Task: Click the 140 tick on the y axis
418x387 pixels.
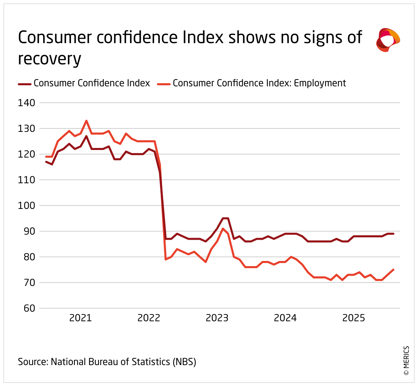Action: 26,103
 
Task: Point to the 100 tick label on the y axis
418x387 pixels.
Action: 26,205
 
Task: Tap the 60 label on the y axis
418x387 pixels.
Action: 29,308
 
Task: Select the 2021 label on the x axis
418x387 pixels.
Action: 81,318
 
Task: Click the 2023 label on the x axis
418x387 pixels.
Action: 217,318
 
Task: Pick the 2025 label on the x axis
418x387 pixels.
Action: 354,318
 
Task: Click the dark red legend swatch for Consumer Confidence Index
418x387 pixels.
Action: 24,84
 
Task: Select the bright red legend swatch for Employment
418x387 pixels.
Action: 163,84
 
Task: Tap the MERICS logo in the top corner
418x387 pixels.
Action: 388,40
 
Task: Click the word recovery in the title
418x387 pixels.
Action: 49,59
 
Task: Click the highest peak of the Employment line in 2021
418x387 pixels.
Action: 86,121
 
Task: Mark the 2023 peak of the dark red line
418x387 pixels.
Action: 225,218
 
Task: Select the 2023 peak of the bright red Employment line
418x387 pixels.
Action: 223,228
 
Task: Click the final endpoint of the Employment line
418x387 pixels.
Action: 393,270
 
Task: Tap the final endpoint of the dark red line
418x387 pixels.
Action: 393,234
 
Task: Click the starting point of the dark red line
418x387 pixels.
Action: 46,162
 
